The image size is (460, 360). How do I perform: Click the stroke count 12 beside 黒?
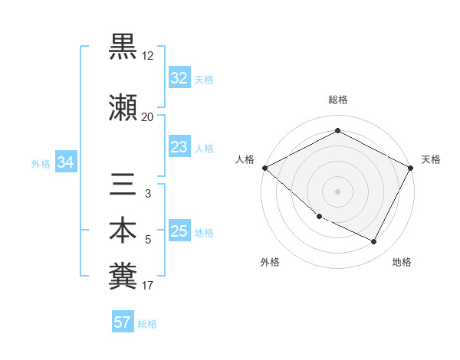coord(148,56)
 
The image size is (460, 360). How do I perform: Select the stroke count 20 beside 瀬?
coord(148,117)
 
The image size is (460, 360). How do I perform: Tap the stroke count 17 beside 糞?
coord(148,286)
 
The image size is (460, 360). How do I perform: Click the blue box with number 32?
coord(179,78)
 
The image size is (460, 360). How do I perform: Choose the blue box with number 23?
coord(179,147)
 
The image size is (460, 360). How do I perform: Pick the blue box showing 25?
coord(179,231)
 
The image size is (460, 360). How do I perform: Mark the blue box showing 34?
coord(66,162)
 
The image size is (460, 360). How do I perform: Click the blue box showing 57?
coord(122,322)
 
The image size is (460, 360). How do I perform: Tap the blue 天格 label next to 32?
coord(204,79)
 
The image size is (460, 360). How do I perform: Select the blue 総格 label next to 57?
coord(147,323)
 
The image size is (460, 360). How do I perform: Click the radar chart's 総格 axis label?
coord(337,100)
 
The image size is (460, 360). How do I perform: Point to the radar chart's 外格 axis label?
coord(270,262)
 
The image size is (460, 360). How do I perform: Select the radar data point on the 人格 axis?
coord(264,168)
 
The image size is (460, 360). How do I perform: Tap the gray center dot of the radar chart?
coord(337,191)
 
